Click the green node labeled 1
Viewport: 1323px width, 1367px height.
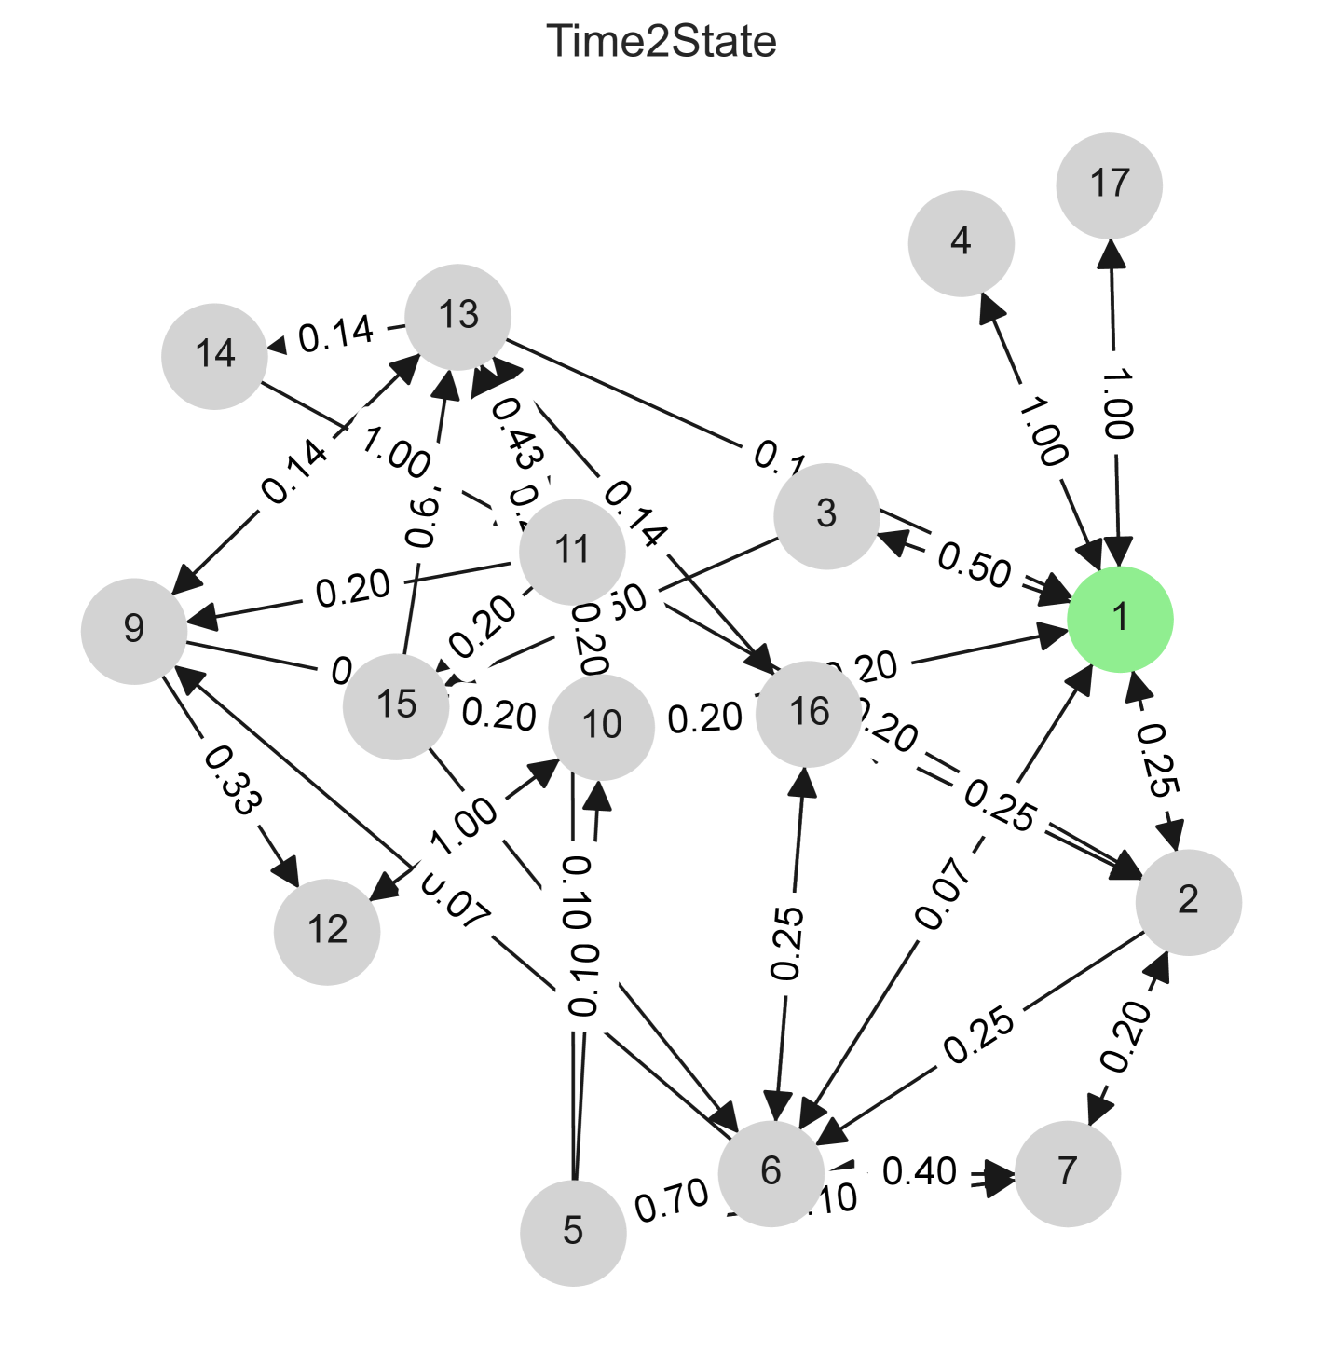pyautogui.click(x=1119, y=618)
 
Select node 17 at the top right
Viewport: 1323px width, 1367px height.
pyautogui.click(x=1109, y=185)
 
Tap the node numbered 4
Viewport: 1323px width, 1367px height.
pyautogui.click(x=961, y=243)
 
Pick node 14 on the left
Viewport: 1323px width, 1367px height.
pyautogui.click(x=214, y=355)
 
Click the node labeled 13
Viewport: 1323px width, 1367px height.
pyautogui.click(x=457, y=317)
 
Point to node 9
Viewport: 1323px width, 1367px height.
pyautogui.click(x=134, y=630)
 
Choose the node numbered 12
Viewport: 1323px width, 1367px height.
pyautogui.click(x=327, y=931)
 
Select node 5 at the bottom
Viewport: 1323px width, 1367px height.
pyautogui.click(x=573, y=1232)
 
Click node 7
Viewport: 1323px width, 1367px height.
pyautogui.click(x=1067, y=1172)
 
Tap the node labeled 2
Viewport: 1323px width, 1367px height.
pyautogui.click(x=1188, y=901)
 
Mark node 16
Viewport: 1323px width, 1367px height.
pyautogui.click(x=809, y=713)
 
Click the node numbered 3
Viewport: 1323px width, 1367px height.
pyautogui.click(x=826, y=515)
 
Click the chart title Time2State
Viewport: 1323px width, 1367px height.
pyautogui.click(x=661, y=42)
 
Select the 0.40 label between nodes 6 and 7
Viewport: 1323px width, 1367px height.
pyautogui.click(x=920, y=1171)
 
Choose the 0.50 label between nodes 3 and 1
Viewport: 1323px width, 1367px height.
pyautogui.click(x=975, y=565)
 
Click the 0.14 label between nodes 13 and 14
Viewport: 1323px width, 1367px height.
pyautogui.click(x=336, y=334)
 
